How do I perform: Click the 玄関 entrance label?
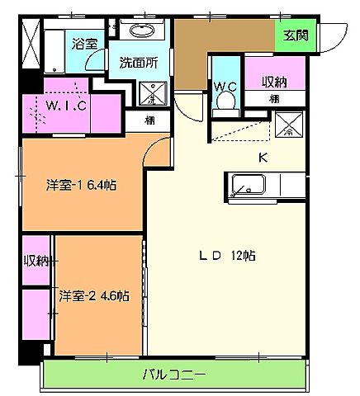click(x=293, y=36)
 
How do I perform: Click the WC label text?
click(x=224, y=86)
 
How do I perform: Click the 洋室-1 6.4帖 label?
click(x=80, y=185)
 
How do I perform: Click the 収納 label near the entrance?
click(x=275, y=82)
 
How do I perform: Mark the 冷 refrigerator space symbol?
click(x=288, y=128)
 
